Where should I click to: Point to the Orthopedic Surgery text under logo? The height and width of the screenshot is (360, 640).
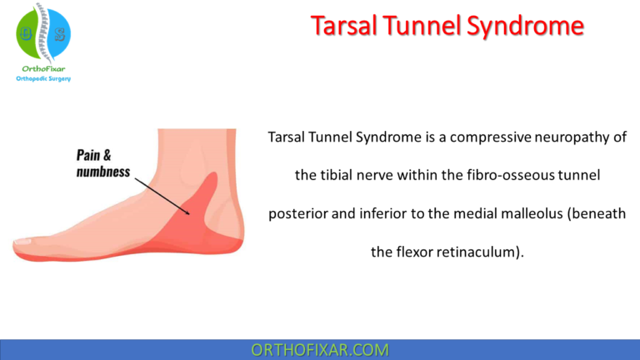point(43,79)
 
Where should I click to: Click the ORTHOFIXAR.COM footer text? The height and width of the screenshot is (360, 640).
point(320,349)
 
